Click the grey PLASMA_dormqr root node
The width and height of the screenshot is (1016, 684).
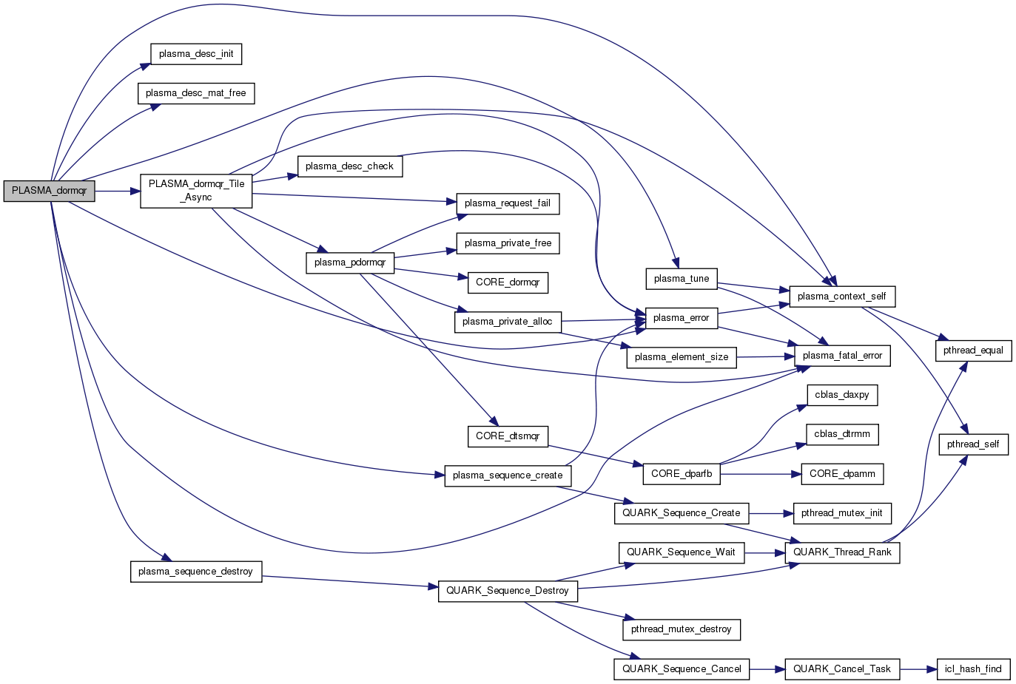point(49,191)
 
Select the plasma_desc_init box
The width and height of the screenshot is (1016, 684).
point(196,54)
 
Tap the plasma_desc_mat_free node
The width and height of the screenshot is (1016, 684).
point(196,93)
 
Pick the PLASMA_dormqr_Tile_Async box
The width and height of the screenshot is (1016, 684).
point(196,191)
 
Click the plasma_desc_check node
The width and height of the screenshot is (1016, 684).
point(349,166)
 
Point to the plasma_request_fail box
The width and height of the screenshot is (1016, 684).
point(508,203)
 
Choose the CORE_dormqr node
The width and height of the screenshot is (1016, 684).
point(508,282)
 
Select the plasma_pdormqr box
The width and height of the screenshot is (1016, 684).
point(350,263)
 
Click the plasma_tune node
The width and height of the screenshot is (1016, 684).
point(682,279)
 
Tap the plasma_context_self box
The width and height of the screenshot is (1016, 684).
point(842,297)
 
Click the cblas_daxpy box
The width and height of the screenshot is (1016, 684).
point(842,395)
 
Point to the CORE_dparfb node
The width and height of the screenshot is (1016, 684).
point(682,474)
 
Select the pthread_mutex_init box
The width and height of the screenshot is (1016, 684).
point(842,513)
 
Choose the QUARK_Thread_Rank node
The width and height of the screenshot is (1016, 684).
point(842,552)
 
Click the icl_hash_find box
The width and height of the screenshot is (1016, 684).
point(973,669)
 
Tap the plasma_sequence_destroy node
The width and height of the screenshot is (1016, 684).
point(196,572)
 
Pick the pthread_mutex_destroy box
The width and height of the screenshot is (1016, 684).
point(682,629)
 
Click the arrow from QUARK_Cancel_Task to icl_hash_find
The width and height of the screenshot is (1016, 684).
point(918,669)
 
